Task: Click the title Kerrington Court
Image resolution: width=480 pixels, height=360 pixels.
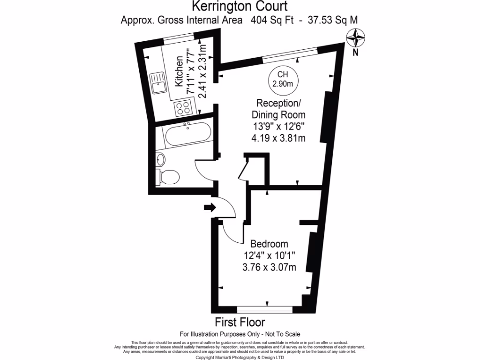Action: click(x=240, y=7)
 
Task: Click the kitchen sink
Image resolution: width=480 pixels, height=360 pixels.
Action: click(x=158, y=84)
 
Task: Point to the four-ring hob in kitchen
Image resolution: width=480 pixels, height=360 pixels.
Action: click(x=183, y=108)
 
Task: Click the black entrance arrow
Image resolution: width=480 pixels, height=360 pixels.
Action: click(x=209, y=207)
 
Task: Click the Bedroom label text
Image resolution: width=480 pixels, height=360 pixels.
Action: click(x=269, y=244)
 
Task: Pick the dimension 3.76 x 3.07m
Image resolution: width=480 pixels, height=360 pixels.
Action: click(x=269, y=268)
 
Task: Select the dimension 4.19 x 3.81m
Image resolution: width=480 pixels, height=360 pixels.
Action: click(x=279, y=138)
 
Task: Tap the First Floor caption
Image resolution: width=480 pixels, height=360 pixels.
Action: click(x=240, y=322)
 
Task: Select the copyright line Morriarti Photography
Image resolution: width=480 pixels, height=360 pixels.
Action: click(x=240, y=357)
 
